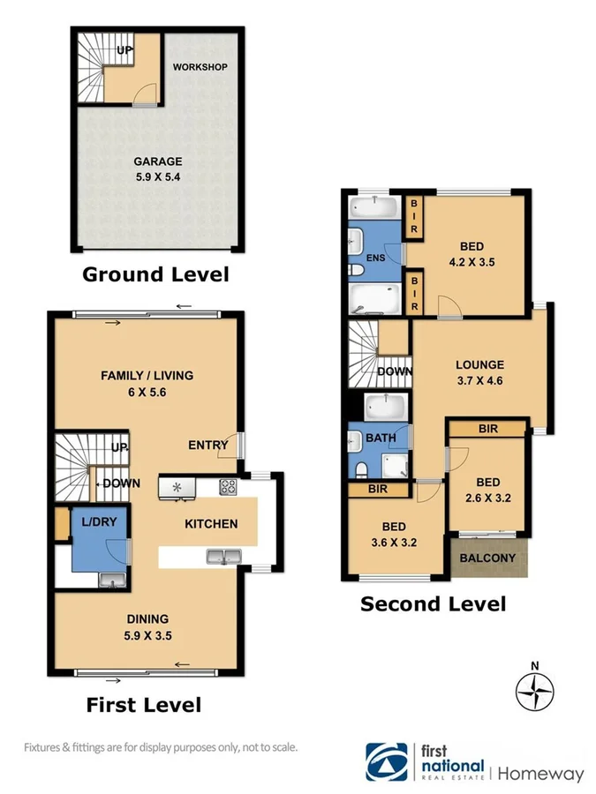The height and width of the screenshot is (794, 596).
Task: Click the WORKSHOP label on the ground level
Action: pyautogui.click(x=200, y=67)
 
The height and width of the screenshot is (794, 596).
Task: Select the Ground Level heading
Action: pyautogui.click(x=155, y=274)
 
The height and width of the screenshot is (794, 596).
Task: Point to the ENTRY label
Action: pyautogui.click(x=207, y=446)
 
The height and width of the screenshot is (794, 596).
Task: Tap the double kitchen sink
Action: pyautogui.click(x=222, y=556)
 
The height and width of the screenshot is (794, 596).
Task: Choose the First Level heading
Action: pyautogui.click(x=143, y=705)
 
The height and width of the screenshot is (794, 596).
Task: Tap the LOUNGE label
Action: pyautogui.click(x=479, y=364)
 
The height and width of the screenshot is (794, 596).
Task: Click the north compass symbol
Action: pyautogui.click(x=533, y=690)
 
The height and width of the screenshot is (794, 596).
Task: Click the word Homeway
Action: pyautogui.click(x=541, y=774)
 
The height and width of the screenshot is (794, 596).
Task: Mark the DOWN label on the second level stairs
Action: pyautogui.click(x=395, y=371)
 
